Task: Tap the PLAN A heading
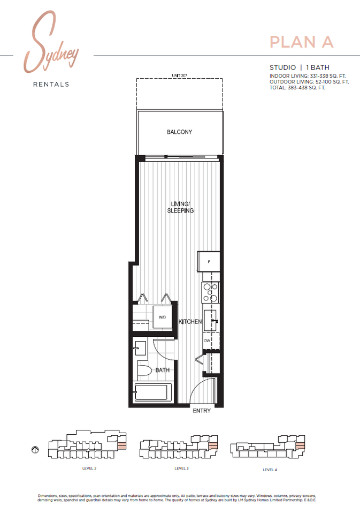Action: coord(302,42)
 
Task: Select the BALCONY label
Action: coord(179,132)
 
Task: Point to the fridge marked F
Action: coord(209,262)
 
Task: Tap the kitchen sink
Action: coord(211,321)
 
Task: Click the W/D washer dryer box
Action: coord(162,318)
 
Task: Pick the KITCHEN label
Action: coord(190,322)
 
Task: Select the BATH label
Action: coord(163,370)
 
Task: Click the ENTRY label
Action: coord(202,411)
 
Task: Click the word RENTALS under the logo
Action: coord(51,84)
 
